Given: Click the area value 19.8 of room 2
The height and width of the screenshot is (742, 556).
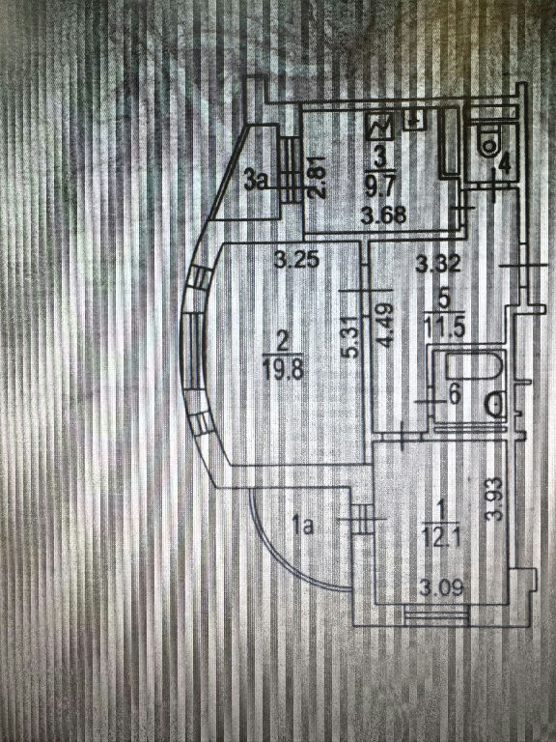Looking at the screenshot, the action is coord(283,371).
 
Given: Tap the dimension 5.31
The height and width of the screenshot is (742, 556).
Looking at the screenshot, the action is coord(351,337).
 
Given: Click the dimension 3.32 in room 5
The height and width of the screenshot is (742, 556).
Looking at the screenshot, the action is coord(438,263).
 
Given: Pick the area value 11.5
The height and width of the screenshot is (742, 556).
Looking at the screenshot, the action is coord(444,328).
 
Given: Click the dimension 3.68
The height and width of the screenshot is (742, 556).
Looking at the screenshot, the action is coord(383,215).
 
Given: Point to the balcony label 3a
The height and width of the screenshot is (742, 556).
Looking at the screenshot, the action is coord(257,182).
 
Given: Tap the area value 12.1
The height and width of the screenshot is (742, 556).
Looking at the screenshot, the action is coord(441,538).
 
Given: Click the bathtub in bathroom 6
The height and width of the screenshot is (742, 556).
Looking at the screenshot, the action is coord(469,368).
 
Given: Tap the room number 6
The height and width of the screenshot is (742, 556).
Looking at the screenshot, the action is coord(456,395).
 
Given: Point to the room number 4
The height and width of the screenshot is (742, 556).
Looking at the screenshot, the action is coord(505,163).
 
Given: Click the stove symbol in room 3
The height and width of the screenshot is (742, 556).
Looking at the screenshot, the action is coord(380,127).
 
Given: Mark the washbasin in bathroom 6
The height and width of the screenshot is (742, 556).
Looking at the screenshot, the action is coord(497,405).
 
